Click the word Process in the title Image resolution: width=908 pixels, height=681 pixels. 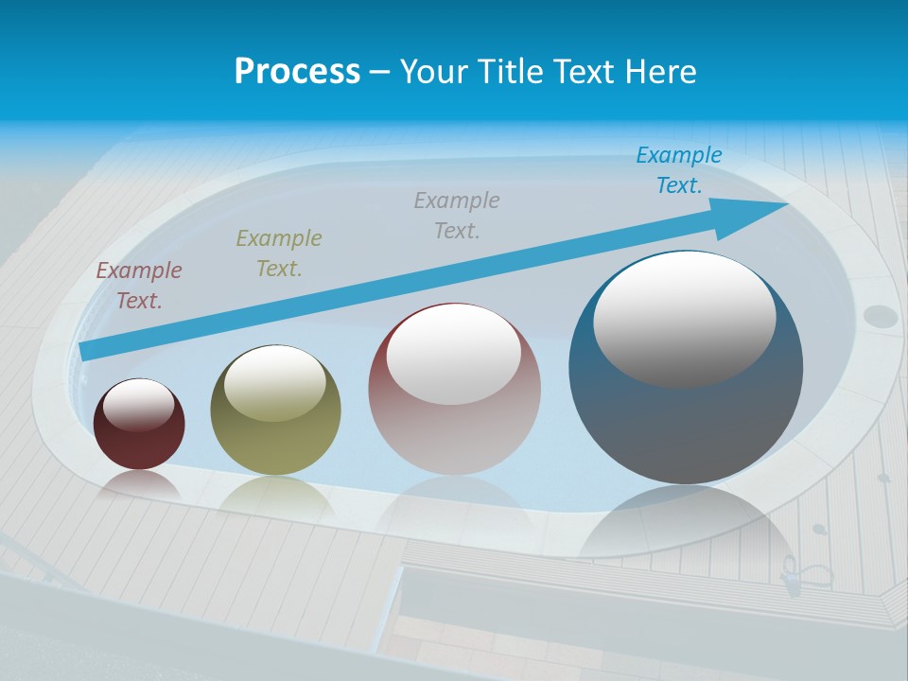[x=297, y=72]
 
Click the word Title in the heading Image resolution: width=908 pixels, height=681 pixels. [x=511, y=72]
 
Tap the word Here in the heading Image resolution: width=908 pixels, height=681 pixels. [x=661, y=72]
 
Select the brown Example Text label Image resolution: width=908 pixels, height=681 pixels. [x=139, y=286]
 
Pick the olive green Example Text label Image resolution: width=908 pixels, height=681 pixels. [x=279, y=253]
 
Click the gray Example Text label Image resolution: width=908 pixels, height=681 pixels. [x=457, y=216]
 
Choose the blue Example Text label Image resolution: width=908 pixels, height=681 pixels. [x=679, y=170]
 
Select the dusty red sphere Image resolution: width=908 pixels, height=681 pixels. [x=454, y=426]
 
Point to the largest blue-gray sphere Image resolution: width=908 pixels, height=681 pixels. [x=686, y=416]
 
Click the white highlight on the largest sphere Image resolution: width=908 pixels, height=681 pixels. [x=684, y=317]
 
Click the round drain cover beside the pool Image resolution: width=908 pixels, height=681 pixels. [x=881, y=316]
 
